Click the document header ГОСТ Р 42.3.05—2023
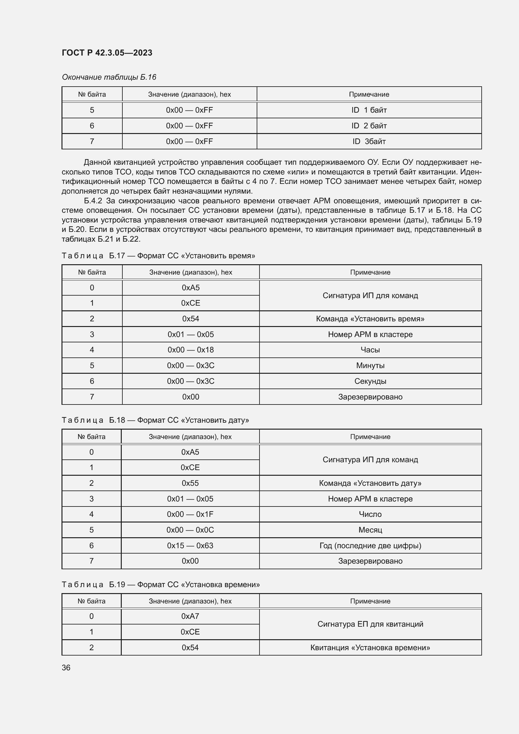(107, 53)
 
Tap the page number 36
(66, 667)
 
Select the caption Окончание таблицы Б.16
(109, 77)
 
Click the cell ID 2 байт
(369, 126)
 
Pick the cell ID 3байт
(369, 141)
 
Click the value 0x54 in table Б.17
(190, 319)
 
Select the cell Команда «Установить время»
(370, 319)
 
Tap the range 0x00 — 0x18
(190, 350)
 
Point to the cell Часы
(370, 350)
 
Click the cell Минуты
(370, 365)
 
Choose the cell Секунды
(370, 381)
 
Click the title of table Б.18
(155, 420)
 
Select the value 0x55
(190, 483)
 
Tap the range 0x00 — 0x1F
(190, 514)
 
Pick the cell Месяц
(370, 530)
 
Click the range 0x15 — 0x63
(190, 545)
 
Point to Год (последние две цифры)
(370, 545)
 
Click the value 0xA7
(190, 616)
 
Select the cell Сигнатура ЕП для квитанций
(370, 624)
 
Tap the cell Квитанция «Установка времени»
(370, 647)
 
